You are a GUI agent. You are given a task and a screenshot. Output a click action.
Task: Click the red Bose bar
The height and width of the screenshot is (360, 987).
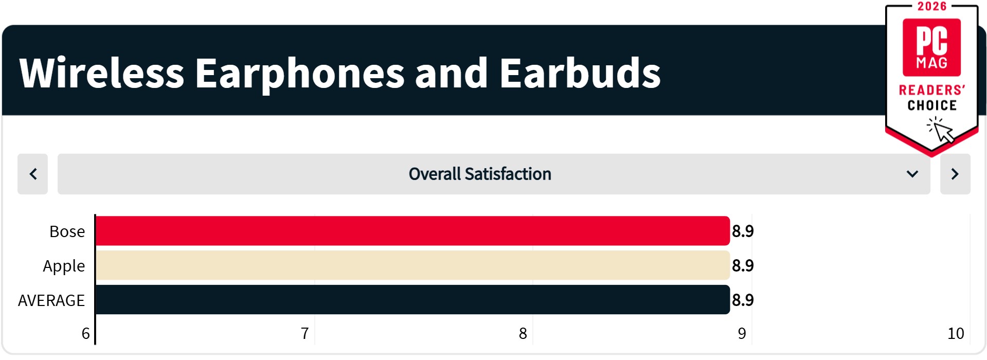click(x=412, y=231)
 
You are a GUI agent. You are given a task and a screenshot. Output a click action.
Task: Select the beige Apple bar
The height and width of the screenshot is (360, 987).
click(x=412, y=265)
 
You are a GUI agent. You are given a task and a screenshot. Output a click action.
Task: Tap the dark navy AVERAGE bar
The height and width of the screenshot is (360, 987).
click(x=412, y=300)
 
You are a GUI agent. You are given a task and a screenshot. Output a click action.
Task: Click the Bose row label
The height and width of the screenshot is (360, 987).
click(x=67, y=231)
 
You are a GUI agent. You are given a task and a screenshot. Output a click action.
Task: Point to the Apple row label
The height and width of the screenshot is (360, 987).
click(x=64, y=266)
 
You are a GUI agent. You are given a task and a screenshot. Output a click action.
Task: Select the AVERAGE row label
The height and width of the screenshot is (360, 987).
click(x=51, y=300)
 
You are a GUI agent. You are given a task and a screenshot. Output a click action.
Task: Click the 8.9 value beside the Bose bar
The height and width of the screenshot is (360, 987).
click(x=743, y=231)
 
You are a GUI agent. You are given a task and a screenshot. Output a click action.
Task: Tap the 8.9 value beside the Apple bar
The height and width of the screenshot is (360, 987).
click(x=743, y=266)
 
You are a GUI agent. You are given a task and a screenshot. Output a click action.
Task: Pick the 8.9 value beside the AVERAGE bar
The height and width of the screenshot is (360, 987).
click(x=743, y=300)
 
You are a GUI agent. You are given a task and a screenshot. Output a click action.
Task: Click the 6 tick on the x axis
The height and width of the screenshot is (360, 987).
click(x=86, y=334)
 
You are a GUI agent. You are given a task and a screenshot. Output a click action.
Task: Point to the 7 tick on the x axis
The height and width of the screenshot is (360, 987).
click(x=305, y=334)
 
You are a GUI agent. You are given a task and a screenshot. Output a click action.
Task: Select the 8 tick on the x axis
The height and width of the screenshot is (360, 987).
click(x=523, y=334)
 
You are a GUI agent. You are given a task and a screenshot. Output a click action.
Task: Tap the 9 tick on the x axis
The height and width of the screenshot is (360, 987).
click(x=742, y=334)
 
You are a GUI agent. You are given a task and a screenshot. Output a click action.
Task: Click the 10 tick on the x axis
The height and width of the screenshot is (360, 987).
click(x=956, y=334)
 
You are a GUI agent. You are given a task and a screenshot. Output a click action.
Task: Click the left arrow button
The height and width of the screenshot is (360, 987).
click(x=33, y=174)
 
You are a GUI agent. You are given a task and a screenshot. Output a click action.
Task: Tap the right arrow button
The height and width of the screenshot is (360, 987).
click(x=955, y=174)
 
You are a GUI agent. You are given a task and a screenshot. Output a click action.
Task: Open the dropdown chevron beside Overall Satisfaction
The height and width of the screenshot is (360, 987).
click(x=912, y=174)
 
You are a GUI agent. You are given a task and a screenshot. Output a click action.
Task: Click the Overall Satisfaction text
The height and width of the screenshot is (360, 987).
click(x=480, y=174)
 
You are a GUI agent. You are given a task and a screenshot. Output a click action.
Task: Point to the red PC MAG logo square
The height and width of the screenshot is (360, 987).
click(x=931, y=47)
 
